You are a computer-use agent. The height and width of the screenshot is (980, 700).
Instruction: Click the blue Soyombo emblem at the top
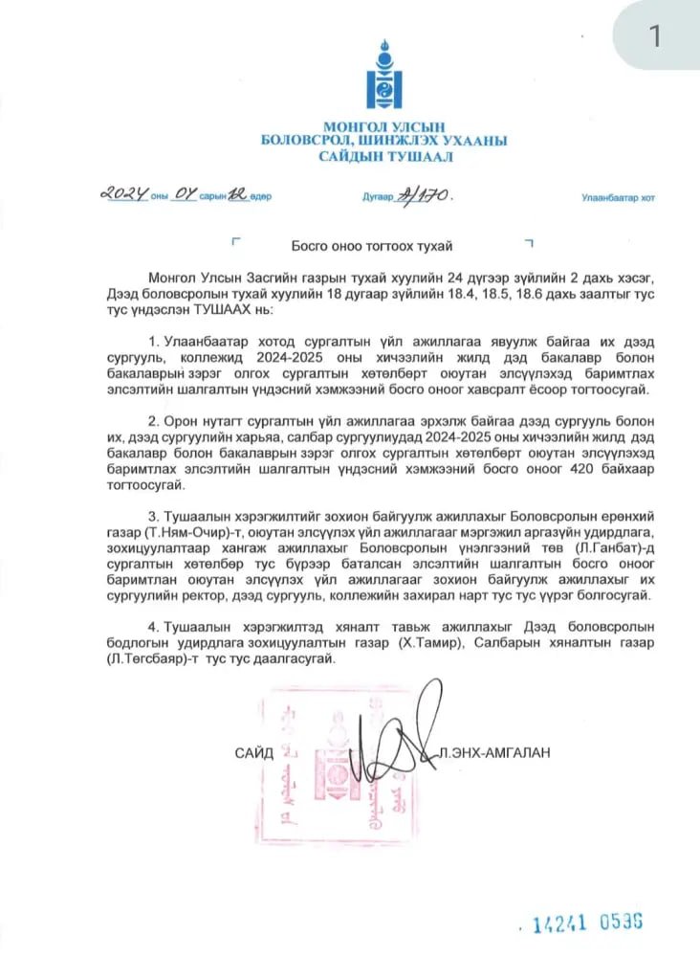[383, 76]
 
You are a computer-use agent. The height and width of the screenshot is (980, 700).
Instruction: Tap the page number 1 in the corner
[656, 35]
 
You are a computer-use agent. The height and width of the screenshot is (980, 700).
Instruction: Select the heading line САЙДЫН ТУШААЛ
[383, 156]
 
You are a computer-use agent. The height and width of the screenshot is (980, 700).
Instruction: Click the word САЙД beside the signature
[254, 753]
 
